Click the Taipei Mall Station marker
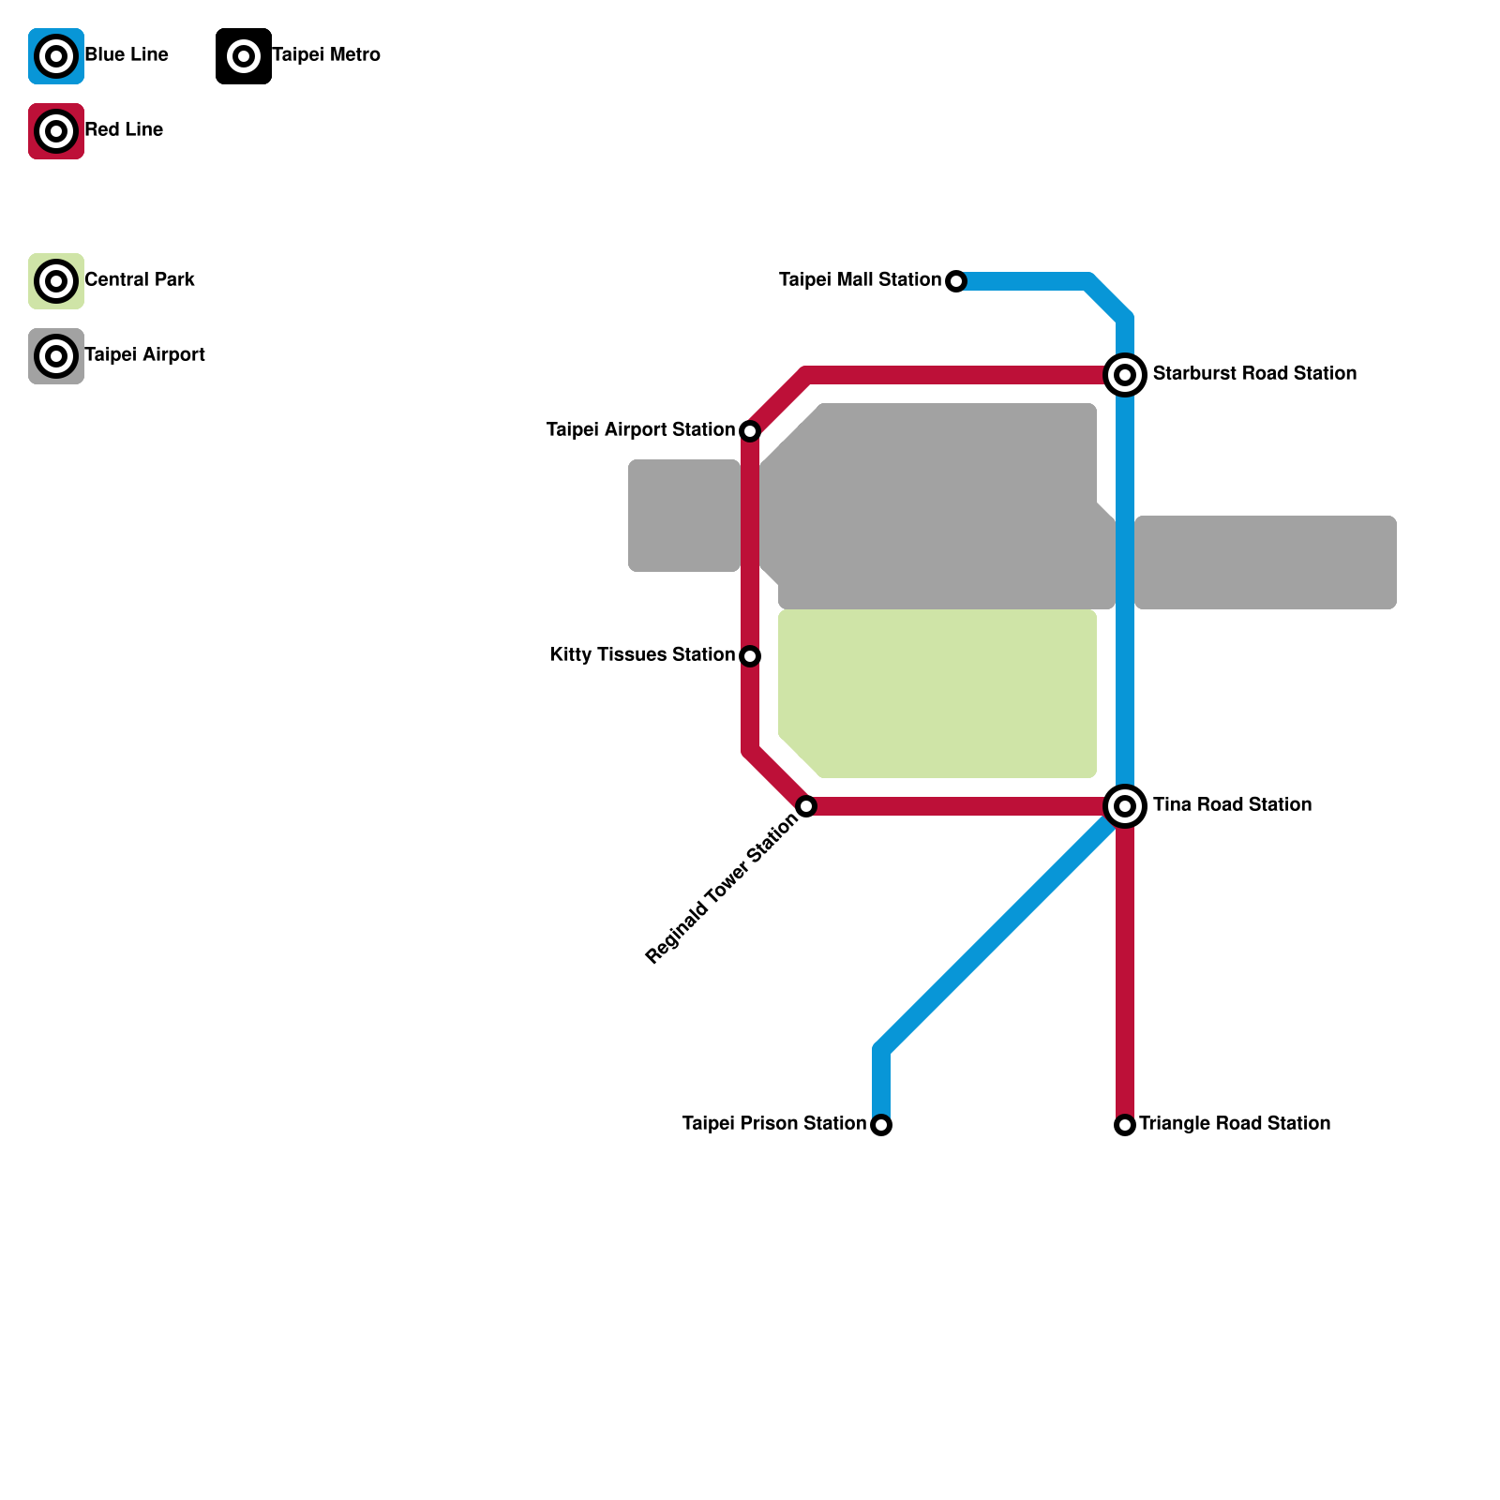point(955,281)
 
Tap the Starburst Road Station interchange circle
point(1125,375)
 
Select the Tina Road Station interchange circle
point(1125,806)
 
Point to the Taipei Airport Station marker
point(750,431)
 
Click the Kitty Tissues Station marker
point(750,656)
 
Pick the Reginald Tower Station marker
point(806,806)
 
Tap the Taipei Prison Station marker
point(881,1125)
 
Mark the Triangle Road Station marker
point(1125,1125)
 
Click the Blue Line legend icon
point(56,56)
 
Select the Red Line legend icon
point(56,131)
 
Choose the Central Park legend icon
point(56,281)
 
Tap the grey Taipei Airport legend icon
point(56,356)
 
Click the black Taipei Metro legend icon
point(244,56)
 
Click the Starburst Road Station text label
point(1254,374)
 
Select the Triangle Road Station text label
point(1235,1124)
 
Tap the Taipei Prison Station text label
point(774,1124)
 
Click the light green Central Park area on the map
point(937,694)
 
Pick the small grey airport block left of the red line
point(683,516)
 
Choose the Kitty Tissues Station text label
point(642,655)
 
